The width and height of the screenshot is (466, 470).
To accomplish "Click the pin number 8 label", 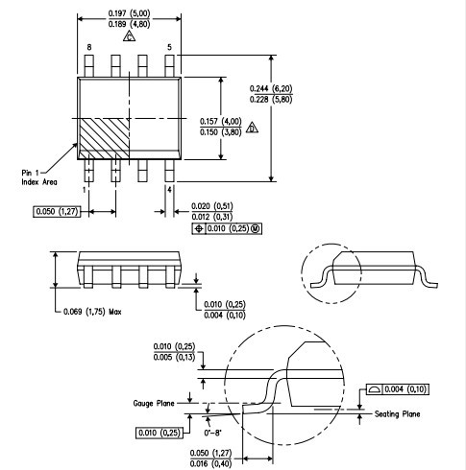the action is [x=89, y=47].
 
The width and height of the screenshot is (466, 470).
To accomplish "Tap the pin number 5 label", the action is [x=169, y=47].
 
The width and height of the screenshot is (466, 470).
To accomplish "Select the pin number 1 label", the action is [x=85, y=190].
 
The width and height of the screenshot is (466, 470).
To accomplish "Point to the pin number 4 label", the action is [x=169, y=190].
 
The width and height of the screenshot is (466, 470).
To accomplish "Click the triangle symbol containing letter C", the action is [x=129, y=36].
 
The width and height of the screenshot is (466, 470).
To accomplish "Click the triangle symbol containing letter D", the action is [x=252, y=128].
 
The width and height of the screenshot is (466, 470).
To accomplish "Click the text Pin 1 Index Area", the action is [x=39, y=177].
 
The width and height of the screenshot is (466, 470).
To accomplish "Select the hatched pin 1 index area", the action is [x=104, y=138].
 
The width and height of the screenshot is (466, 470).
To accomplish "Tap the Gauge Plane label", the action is [x=154, y=403].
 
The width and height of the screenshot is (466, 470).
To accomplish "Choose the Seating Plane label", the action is [x=397, y=414].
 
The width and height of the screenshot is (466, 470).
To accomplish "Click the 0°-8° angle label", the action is [x=213, y=433].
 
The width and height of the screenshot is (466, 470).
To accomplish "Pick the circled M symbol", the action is [x=256, y=228].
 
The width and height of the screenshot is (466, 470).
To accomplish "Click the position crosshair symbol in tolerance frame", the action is [x=199, y=228].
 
